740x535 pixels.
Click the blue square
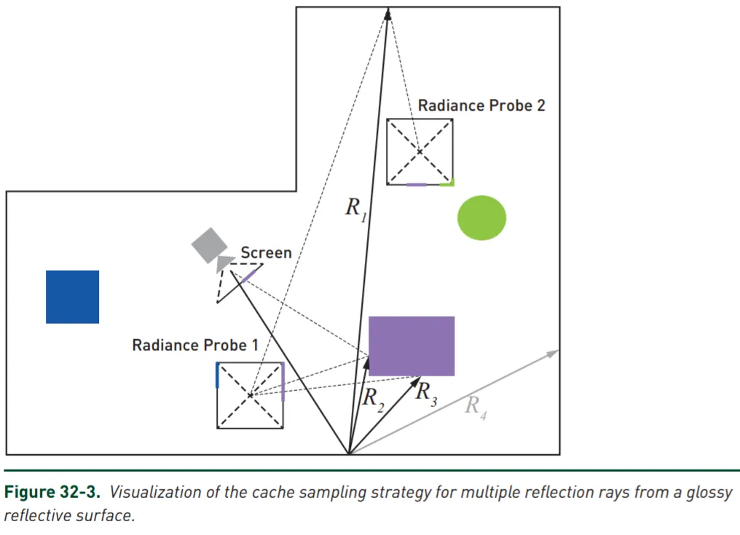72,296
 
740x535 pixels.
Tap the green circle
481,218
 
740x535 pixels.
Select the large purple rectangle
412,346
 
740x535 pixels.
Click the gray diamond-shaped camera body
209,245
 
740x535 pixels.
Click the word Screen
266,253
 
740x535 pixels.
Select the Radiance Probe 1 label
194,344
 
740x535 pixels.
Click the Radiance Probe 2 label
481,106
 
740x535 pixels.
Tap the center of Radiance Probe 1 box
250,395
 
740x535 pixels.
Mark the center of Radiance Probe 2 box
420,151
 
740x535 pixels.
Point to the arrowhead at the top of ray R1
388,12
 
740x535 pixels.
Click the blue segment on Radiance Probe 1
218,375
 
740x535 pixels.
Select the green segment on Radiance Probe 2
446,183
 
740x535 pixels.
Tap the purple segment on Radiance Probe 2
416,184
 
